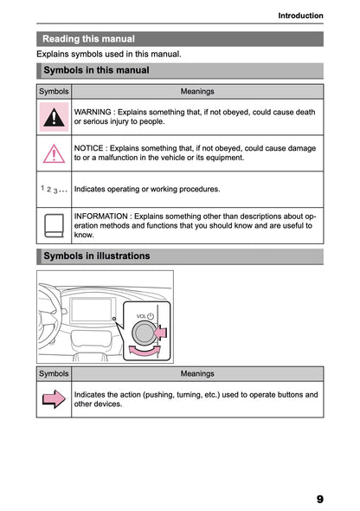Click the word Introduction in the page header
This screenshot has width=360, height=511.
300,16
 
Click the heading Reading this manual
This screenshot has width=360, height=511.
88,39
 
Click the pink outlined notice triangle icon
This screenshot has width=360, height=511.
54,153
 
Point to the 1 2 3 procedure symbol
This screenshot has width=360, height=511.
54,189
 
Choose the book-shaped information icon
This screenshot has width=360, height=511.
54,226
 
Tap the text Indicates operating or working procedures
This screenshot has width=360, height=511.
146,189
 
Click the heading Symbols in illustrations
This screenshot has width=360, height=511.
96,256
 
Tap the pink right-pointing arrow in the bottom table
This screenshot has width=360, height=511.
54,399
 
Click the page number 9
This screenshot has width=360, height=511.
319,499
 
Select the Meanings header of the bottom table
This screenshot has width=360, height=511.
197,374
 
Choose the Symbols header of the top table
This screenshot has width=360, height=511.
54,91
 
